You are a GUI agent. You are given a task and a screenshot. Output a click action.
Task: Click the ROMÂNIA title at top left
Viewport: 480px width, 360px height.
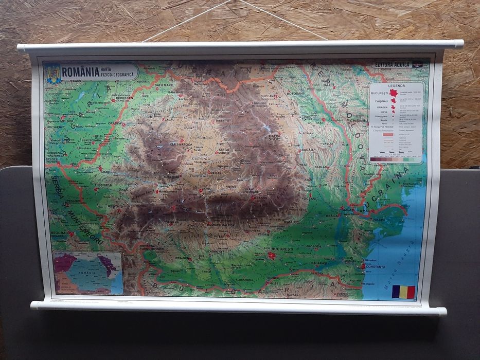tap(80, 71)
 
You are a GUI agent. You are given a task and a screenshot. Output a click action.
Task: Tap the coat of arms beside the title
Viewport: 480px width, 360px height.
tap(54, 72)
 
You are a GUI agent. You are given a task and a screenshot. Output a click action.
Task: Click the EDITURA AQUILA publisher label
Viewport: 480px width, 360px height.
tap(392, 65)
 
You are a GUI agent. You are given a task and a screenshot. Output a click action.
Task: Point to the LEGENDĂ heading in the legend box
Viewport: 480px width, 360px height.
tap(397, 86)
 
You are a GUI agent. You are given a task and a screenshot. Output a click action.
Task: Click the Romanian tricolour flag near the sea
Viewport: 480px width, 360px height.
tap(403, 292)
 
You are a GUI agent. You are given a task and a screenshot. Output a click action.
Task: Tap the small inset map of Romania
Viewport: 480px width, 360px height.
tap(88, 272)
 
